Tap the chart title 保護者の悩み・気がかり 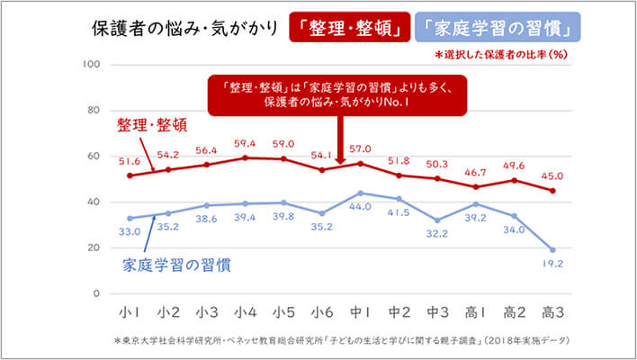pyautogui.click(x=184, y=27)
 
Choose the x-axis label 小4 pyautogui.click(x=244, y=312)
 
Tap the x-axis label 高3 pyautogui.click(x=552, y=312)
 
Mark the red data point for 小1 pyautogui.click(x=130, y=175)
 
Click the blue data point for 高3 pyautogui.click(x=552, y=249)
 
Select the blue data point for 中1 pyautogui.click(x=360, y=193)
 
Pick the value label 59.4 pyautogui.click(x=244, y=142)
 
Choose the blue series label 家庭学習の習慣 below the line pyautogui.click(x=175, y=265)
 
